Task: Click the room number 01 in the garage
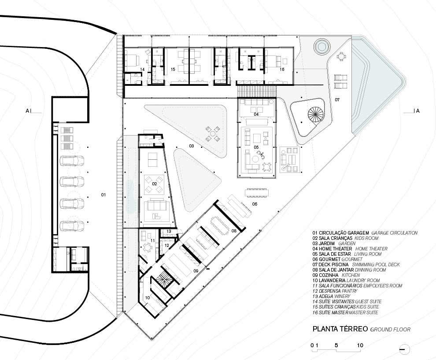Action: pyautogui.click(x=103, y=194)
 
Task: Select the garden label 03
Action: pyautogui.click(x=192, y=146)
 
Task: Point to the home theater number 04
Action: pyautogui.click(x=256, y=114)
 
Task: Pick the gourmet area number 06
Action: pyautogui.click(x=255, y=204)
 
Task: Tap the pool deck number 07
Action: pyautogui.click(x=337, y=99)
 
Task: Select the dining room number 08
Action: pyautogui.click(x=234, y=230)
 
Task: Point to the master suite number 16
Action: pyautogui.click(x=281, y=70)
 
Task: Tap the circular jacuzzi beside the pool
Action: pyautogui.click(x=320, y=46)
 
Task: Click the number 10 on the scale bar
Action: pyautogui.click(x=360, y=345)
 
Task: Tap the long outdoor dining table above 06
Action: pyautogui.click(x=257, y=192)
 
